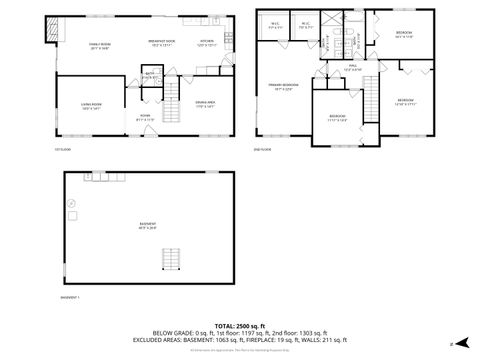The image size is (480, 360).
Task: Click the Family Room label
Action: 100,45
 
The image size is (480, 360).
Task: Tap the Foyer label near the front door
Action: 144,117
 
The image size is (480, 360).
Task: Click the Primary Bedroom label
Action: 284,86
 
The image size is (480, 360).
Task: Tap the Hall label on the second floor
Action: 353,67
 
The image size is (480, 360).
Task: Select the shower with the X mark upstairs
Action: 337,19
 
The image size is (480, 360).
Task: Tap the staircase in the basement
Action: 171,258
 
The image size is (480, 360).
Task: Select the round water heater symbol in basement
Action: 71,202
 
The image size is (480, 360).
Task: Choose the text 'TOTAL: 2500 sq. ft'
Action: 240,326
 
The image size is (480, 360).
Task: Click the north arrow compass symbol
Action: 451,344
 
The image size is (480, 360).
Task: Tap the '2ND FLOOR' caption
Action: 263,149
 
